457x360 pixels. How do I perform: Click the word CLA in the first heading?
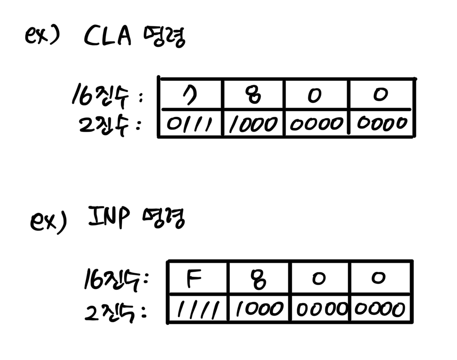point(108,37)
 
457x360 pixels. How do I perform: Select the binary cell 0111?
point(190,124)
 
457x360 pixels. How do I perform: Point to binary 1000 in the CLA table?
point(253,124)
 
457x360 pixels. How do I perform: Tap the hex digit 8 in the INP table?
point(258,280)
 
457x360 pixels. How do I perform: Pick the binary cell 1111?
point(197,310)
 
